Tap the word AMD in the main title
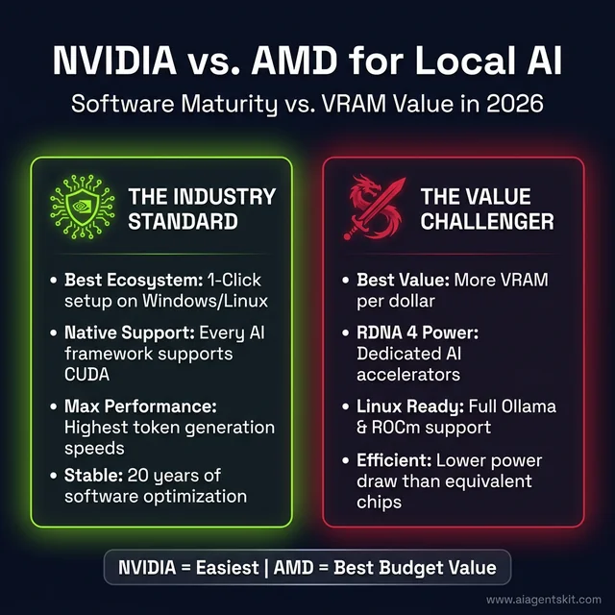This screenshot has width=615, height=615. pyautogui.click(x=296, y=61)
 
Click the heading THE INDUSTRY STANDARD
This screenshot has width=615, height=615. pyautogui.click(x=202, y=209)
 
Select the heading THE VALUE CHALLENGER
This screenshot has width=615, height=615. pyautogui.click(x=486, y=209)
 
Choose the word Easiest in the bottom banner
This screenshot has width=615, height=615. pyautogui.click(x=224, y=568)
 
